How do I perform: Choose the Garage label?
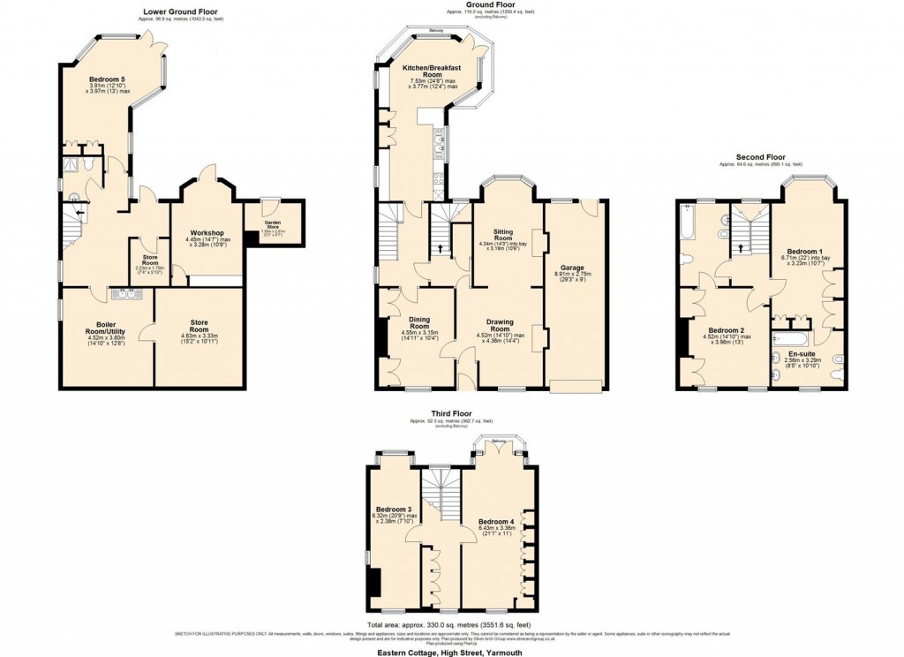pyautogui.click(x=571, y=266)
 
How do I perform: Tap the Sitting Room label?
pyautogui.click(x=503, y=233)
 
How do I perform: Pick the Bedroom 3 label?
pyautogui.click(x=393, y=510)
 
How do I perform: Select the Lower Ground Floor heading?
pyautogui.click(x=183, y=11)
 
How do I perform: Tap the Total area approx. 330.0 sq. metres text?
pyautogui.click(x=451, y=623)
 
